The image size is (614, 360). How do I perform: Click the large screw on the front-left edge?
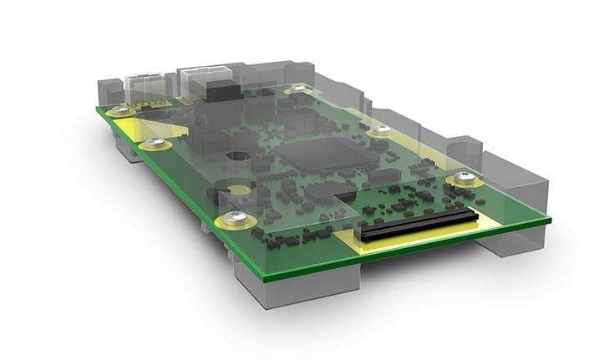(x=237, y=219)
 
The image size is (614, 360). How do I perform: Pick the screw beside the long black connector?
(x=465, y=178)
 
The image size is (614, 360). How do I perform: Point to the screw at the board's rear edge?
(x=299, y=89)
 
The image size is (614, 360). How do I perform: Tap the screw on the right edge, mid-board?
(x=381, y=130)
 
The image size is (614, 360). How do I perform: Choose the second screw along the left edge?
(x=155, y=144)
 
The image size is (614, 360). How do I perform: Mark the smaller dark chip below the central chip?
(x=319, y=191)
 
